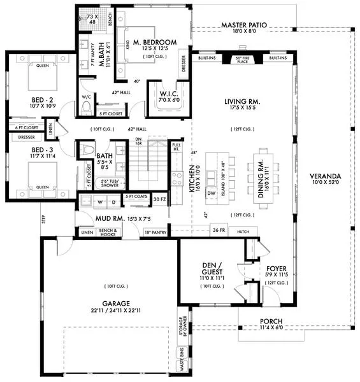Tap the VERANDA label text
pyautogui.click(x=325, y=176)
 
